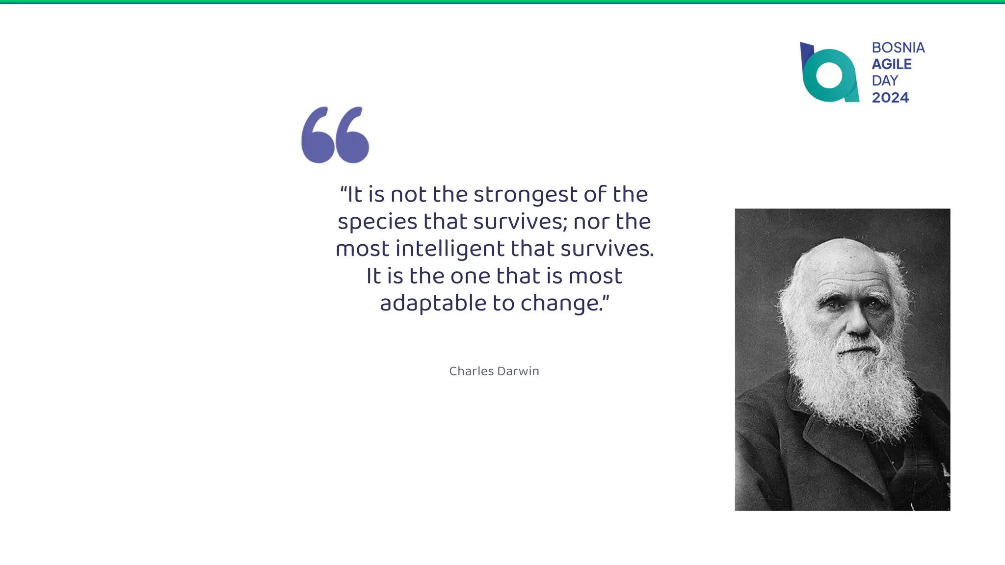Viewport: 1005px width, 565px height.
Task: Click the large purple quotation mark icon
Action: pos(335,135)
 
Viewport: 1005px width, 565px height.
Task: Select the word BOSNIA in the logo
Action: pos(898,48)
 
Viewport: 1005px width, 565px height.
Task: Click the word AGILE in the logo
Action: pos(892,64)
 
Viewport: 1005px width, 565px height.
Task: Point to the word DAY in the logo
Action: pos(885,80)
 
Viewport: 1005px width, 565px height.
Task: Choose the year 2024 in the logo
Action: pos(890,98)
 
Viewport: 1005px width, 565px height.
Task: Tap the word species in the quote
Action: pos(377,222)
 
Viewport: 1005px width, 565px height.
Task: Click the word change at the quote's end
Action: pos(561,303)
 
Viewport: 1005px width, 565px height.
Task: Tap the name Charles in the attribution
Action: pos(471,371)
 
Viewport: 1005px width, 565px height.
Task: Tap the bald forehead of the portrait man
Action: pos(844,265)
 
